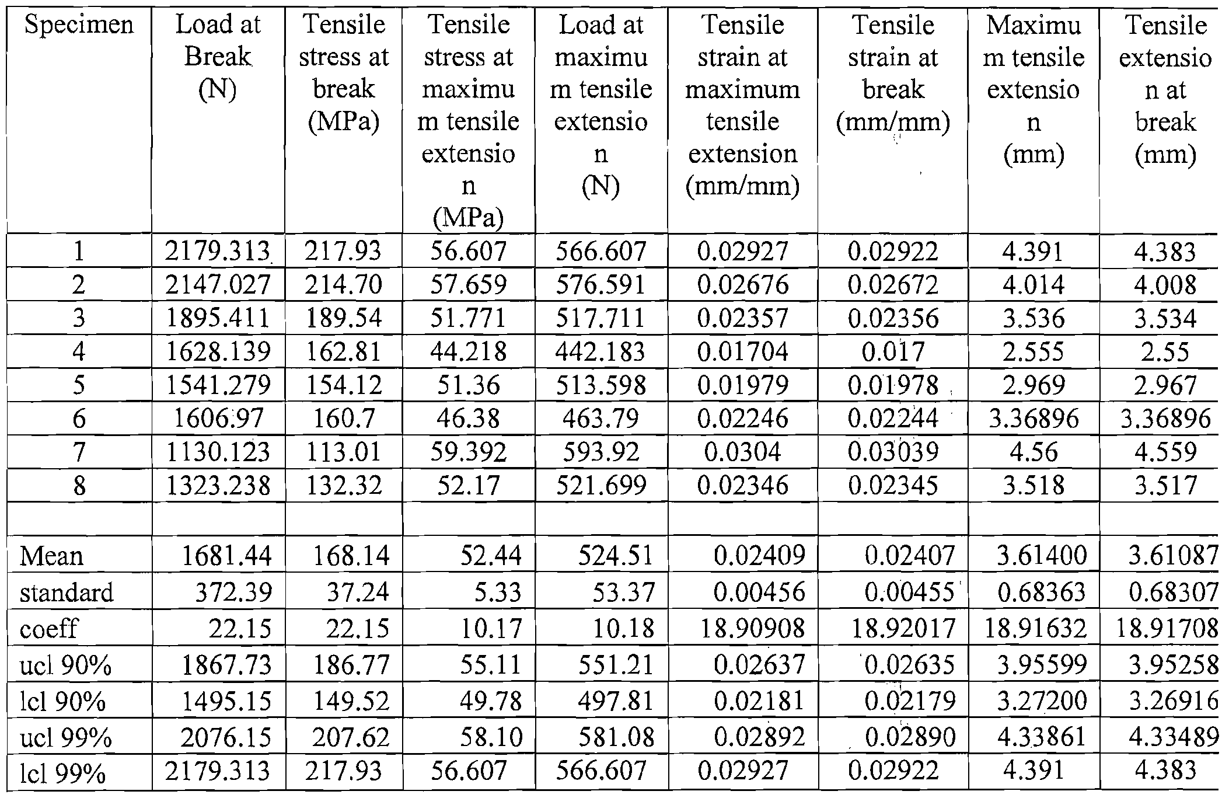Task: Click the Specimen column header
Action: pos(79,26)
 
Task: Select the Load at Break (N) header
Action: pos(218,57)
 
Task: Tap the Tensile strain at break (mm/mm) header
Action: pos(893,74)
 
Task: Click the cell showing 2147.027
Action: pos(218,285)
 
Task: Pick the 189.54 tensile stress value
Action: pos(344,318)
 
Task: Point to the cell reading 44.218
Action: pos(469,351)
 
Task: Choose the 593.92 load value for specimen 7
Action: pos(601,452)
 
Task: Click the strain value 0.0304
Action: pos(742,452)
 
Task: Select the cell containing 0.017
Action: pos(893,352)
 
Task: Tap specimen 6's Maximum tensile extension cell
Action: pos(1033,419)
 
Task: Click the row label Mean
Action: pos(51,556)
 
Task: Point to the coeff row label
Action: pos(49,629)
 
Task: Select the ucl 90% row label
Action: pos(65,665)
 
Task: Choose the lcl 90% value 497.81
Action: pos(616,701)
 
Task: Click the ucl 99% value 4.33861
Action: pos(1042,738)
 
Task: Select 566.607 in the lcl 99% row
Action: pos(601,771)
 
